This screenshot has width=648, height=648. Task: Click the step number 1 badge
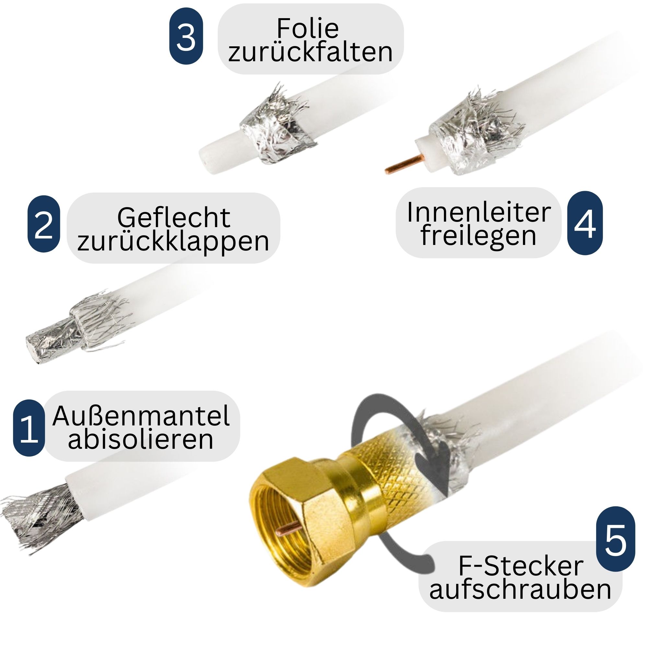click(x=29, y=428)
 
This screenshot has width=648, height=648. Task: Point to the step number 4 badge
click(x=585, y=223)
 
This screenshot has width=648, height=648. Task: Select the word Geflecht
click(x=174, y=218)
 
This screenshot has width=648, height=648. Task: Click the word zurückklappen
click(x=173, y=241)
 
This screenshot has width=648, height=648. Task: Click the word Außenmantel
click(x=141, y=416)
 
